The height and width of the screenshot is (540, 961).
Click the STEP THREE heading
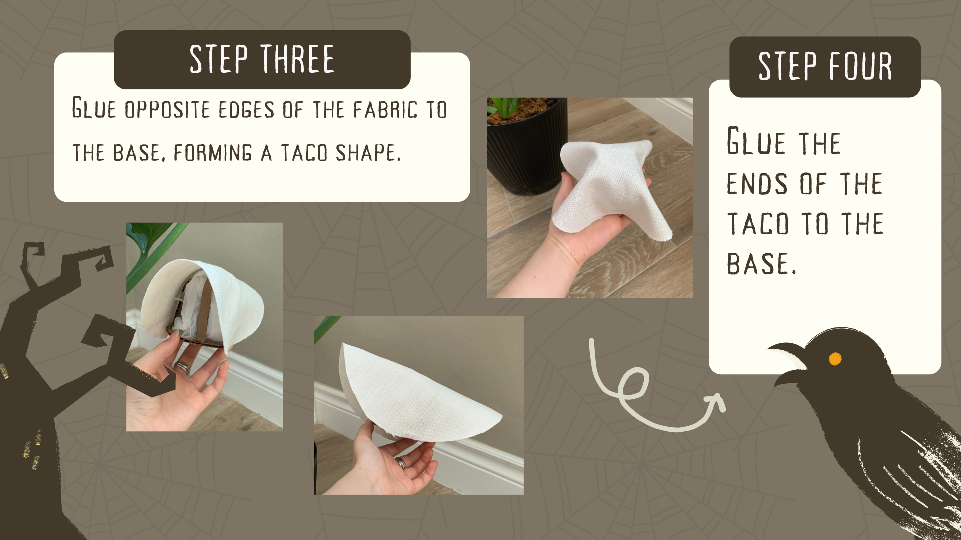[262, 59]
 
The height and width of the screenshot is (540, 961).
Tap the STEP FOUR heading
[825, 66]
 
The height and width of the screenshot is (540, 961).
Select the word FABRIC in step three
[385, 110]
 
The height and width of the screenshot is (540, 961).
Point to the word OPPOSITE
[167, 110]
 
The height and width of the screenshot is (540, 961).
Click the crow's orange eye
[835, 359]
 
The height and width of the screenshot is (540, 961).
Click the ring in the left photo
[182, 368]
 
